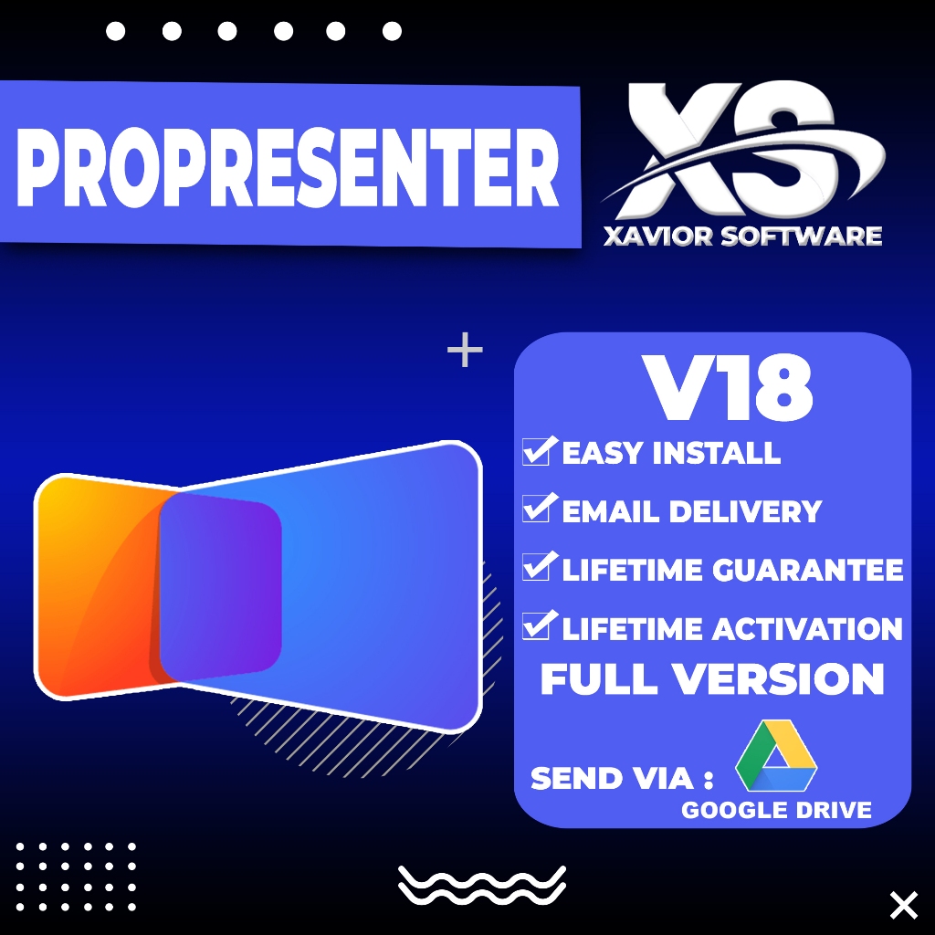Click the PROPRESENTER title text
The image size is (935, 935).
(x=289, y=166)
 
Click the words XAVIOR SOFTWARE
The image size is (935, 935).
(x=742, y=236)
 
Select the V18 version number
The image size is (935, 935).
(x=729, y=387)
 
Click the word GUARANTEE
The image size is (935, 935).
(x=808, y=571)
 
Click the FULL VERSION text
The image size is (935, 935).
(x=712, y=679)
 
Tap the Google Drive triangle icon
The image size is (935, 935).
(x=776, y=757)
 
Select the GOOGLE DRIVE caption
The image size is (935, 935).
(x=776, y=810)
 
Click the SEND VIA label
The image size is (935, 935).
(x=621, y=779)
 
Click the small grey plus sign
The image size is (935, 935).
(x=465, y=350)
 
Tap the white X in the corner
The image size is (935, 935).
(x=903, y=905)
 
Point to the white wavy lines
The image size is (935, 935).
(x=481, y=885)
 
